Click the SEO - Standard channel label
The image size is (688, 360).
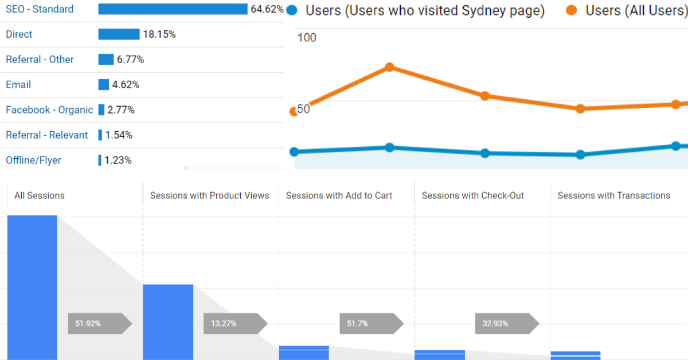click(x=40, y=9)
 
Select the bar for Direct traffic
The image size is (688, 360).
click(x=119, y=34)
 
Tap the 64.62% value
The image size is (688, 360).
click(x=267, y=9)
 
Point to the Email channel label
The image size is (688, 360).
click(x=18, y=85)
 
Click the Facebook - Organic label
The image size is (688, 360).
click(x=49, y=110)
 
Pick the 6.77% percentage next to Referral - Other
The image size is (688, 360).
click(x=131, y=60)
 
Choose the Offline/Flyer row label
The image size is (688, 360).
click(x=33, y=161)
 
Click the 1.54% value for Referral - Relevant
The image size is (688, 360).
click(x=119, y=135)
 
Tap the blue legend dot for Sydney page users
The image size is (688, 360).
click(x=292, y=10)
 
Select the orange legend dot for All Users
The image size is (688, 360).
click(x=571, y=10)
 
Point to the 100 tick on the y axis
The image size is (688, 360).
click(x=307, y=38)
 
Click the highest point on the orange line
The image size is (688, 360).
click(x=389, y=67)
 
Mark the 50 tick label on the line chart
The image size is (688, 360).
click(x=303, y=109)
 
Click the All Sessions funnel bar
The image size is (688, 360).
click(x=32, y=287)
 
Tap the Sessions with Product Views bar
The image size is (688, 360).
click(x=168, y=322)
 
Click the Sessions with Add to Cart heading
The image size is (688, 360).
click(x=339, y=195)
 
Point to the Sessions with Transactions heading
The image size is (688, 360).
click(x=613, y=195)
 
